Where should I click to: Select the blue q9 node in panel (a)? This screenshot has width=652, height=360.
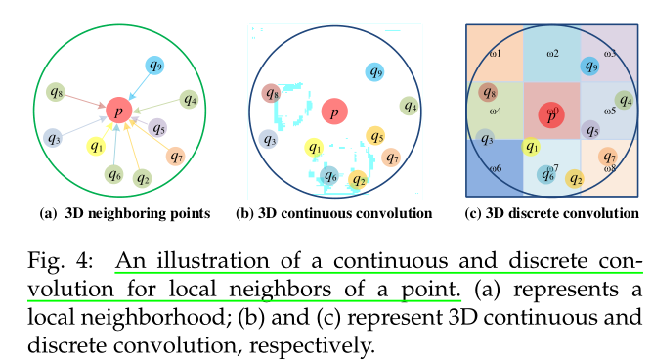pyautogui.click(x=155, y=66)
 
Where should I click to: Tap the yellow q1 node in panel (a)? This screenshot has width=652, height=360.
pyautogui.click(x=95, y=147)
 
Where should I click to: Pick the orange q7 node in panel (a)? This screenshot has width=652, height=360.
pyautogui.click(x=176, y=156)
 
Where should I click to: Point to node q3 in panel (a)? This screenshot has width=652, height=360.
pyautogui.click(x=53, y=139)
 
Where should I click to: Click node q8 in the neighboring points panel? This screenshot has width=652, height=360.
pyautogui.click(x=56, y=94)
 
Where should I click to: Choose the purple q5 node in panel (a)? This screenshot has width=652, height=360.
pyautogui.click(x=156, y=127)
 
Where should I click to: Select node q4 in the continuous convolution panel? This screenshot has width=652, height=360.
pyautogui.click(x=411, y=106)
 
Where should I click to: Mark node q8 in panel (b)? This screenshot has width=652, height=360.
pyautogui.click(x=272, y=94)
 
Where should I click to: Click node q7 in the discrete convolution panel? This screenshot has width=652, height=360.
pyautogui.click(x=608, y=157)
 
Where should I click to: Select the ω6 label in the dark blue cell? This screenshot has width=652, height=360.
pyautogui.click(x=495, y=169)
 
